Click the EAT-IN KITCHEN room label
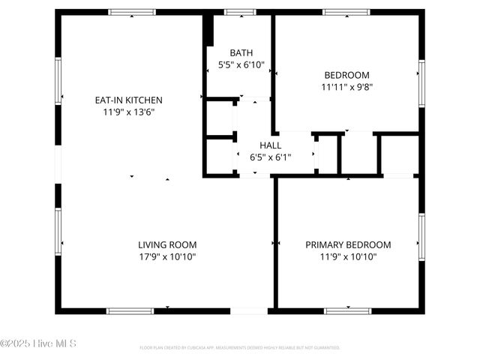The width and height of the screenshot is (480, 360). (128, 100)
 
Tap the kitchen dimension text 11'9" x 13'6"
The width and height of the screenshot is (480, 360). (128, 112)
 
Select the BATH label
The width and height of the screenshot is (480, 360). (241, 52)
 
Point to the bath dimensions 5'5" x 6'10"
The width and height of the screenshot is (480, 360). (241, 65)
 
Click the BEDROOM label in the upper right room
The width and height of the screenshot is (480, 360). (346, 74)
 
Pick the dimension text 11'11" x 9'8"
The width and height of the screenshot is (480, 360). (347, 87)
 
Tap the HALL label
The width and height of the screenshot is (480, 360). (270, 145)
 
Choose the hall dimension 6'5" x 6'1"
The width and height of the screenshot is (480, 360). (270, 157)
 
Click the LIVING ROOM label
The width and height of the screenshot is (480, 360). (167, 244)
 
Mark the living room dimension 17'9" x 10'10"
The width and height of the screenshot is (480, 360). (167, 257)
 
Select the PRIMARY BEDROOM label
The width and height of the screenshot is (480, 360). (348, 244)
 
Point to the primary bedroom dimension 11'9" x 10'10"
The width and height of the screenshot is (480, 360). (348, 257)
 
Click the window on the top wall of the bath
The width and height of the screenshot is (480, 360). (240, 12)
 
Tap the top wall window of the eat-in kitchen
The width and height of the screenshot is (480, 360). (132, 12)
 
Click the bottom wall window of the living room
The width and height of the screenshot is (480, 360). (130, 310)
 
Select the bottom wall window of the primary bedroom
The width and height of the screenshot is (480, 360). (347, 310)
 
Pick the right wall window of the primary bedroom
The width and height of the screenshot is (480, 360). (421, 236)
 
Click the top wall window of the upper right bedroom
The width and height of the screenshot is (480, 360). (346, 12)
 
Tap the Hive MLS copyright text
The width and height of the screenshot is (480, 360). (38, 343)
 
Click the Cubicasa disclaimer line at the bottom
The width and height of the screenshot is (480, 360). (240, 348)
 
